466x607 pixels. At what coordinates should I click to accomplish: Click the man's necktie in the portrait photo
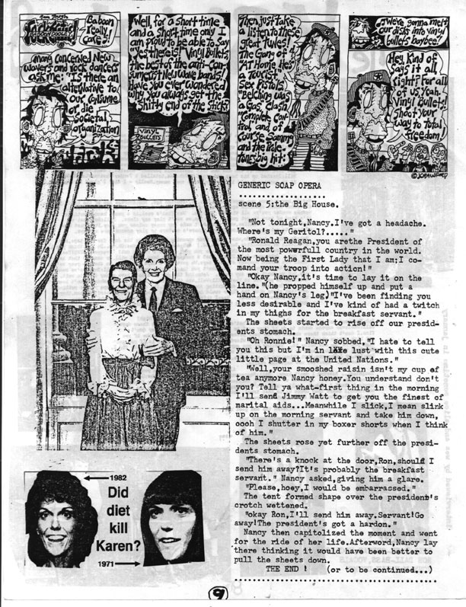coord(153,302)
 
